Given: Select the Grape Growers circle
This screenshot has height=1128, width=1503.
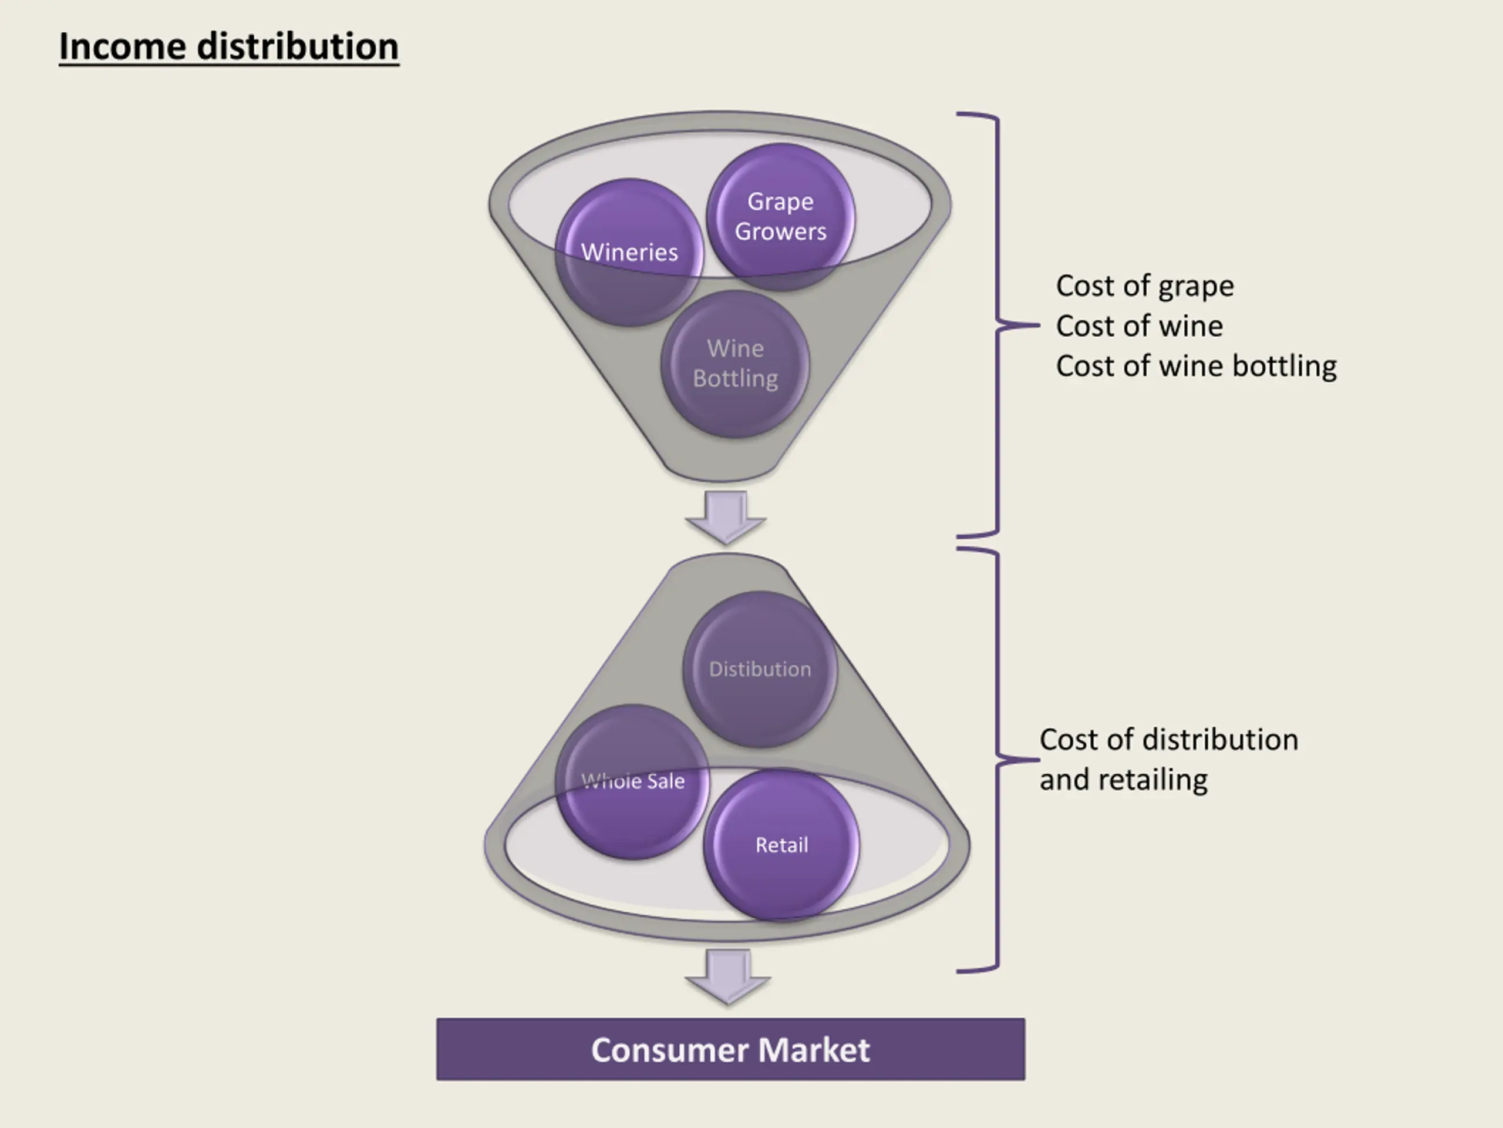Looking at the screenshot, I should pos(780,216).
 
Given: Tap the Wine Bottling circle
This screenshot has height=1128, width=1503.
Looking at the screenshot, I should pos(735,364).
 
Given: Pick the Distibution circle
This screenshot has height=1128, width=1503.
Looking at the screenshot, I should pos(760,669).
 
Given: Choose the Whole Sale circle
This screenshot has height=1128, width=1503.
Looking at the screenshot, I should pos(632,782).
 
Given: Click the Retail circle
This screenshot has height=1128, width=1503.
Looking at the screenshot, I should pos(781,845).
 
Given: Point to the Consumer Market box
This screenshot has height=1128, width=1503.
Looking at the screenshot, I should pos(730,1049).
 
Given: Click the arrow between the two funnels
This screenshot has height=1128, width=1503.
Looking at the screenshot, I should pos(726,517).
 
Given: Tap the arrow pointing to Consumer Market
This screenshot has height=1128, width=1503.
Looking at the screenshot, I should pos(727,976).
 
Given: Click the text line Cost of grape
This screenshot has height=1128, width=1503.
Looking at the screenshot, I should pos(1145,286).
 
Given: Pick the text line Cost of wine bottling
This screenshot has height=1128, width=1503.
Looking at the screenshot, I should pos(1196,366).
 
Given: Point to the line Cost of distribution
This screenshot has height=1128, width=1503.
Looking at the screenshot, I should pos(1169,739).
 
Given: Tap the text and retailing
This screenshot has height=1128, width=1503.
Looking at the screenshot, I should pos(1123,779).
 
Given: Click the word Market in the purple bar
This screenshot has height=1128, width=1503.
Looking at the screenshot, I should pos(813,1050).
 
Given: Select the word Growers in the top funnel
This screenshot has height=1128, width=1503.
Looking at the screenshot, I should pos(781,232).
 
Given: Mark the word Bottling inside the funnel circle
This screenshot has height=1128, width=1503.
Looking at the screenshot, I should pos(735,379).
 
